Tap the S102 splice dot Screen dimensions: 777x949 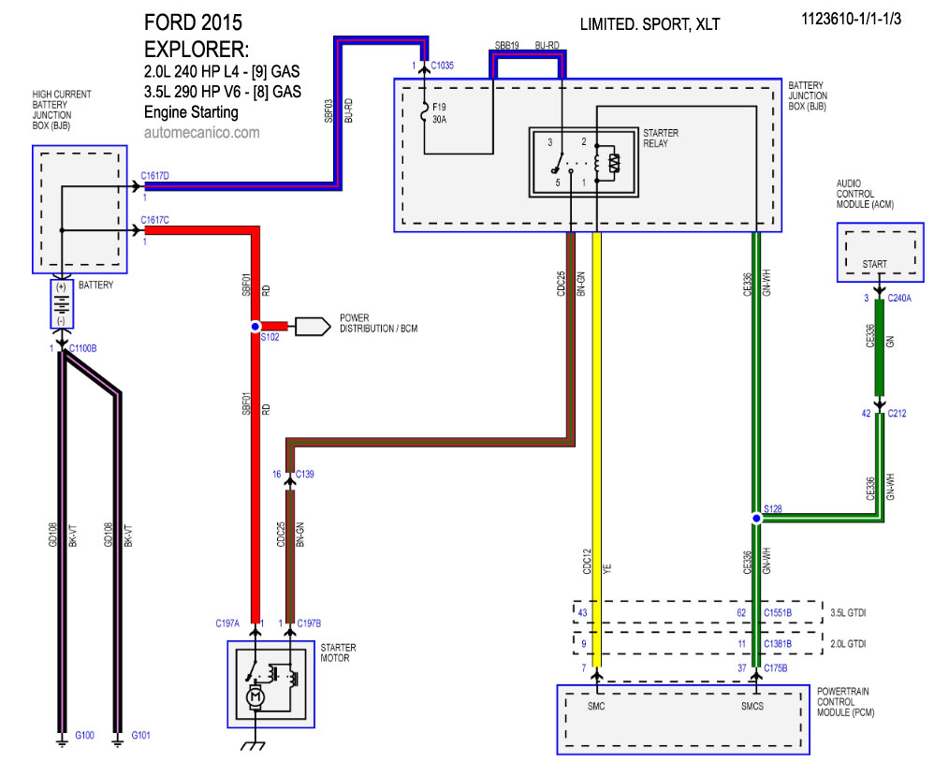pos(255,326)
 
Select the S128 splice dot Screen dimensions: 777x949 pos(756,517)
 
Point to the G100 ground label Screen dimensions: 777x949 pos(84,735)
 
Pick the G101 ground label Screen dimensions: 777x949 pos(141,735)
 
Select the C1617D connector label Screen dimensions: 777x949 pos(154,175)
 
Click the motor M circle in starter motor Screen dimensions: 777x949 pos(255,696)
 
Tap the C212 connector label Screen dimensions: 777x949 pos(896,412)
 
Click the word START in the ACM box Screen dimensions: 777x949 pos(874,265)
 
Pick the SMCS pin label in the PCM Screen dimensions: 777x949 pos(753,706)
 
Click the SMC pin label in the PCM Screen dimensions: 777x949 pos(595,706)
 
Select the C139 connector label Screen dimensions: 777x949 pos(305,474)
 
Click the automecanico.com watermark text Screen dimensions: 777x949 pos(201,133)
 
